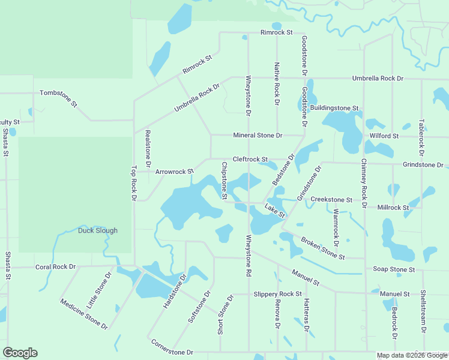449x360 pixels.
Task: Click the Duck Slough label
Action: [98, 230]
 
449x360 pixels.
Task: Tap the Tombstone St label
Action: [59, 98]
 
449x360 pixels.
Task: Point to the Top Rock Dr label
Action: [134, 183]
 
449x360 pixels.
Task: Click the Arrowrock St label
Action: [174, 172]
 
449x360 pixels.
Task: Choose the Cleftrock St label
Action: [250, 159]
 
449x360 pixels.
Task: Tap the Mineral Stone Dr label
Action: [258, 136]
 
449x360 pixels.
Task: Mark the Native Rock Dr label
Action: [277, 83]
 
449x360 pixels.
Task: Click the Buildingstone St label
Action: [334, 108]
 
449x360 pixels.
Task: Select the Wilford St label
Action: [384, 136]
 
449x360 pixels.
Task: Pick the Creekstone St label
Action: [332, 199]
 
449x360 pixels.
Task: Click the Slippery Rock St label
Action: [277, 294]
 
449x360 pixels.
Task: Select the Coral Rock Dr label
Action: [55, 266]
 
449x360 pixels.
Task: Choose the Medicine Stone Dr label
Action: [83, 314]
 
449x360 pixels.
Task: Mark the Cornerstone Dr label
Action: [172, 347]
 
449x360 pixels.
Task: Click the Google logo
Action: [20, 353]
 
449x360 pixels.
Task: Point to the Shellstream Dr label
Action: [423, 312]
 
